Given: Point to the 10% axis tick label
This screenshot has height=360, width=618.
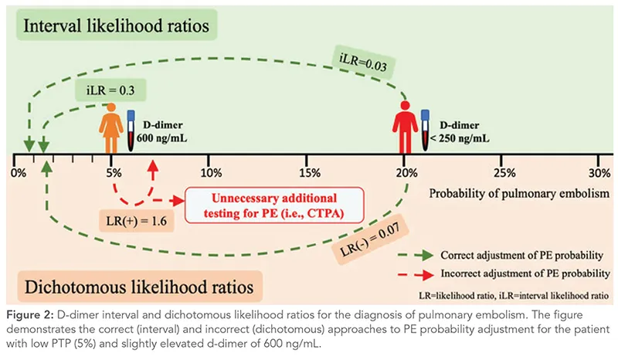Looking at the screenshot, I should point(210,170).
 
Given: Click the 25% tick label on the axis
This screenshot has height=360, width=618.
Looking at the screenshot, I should point(504,170).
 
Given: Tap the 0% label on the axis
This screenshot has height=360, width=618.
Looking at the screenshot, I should point(17,170).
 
